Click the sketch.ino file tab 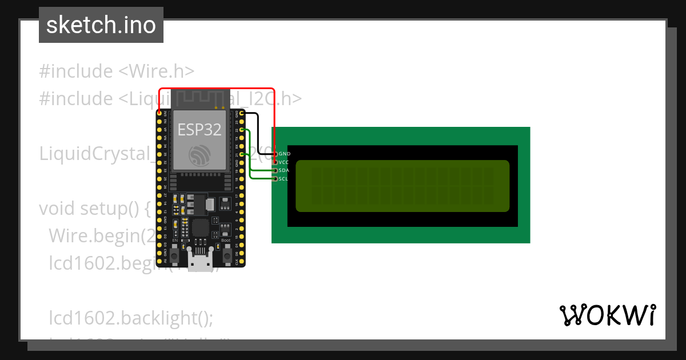[101, 25]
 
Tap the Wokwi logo [607, 315]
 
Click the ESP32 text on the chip [199, 130]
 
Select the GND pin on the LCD [276, 154]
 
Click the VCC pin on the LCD [276, 162]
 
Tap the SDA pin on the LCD [276, 170]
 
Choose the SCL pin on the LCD [276, 179]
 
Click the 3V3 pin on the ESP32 [159, 113]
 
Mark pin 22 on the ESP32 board [242, 130]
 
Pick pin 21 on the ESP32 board [242, 154]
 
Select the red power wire [217, 89]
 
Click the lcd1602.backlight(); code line [131, 318]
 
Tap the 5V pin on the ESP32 [159, 261]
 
